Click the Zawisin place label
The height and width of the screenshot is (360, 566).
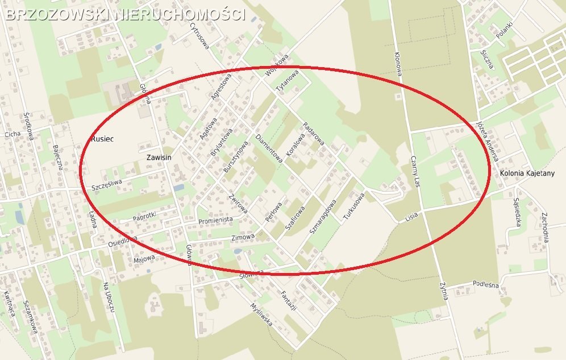coord(159,157)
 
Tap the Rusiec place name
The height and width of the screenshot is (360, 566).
coord(103,138)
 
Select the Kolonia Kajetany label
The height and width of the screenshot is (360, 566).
coord(527,173)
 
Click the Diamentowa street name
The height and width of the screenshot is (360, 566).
coord(269,149)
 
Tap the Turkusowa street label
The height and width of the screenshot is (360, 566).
coord(353,208)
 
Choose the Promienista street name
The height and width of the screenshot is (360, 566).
coord(216,220)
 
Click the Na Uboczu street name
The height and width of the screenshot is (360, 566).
coord(110,296)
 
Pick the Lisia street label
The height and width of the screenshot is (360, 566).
coord(411,218)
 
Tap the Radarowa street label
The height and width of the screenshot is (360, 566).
coord(313,133)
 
